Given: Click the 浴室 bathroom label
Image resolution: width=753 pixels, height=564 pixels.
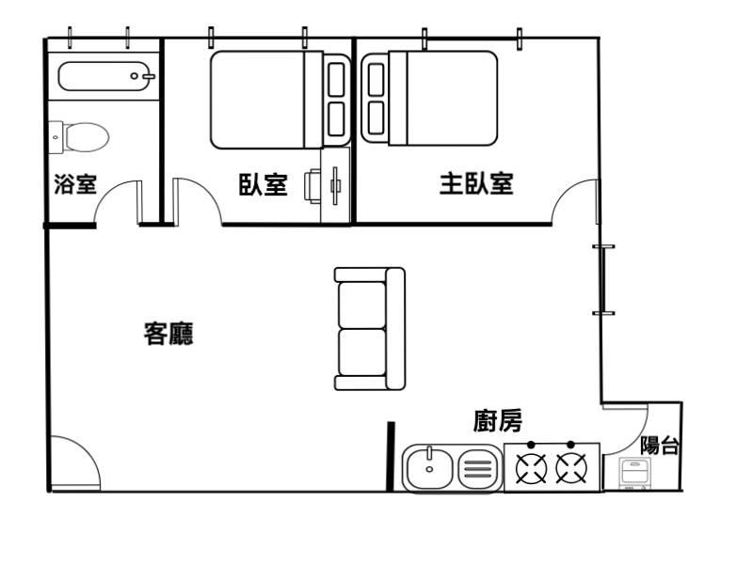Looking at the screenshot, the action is pyautogui.click(x=75, y=184).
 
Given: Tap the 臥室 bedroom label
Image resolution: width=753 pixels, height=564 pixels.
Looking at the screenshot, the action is pyautogui.click(x=264, y=184).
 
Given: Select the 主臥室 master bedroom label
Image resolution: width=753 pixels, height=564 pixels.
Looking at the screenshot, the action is pyautogui.click(x=476, y=183).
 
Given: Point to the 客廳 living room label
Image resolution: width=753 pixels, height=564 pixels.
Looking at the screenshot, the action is pyautogui.click(x=168, y=334).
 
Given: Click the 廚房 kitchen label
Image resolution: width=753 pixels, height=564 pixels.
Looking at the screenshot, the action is pyautogui.click(x=498, y=421).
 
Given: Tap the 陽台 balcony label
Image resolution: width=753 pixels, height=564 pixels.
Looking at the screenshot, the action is pyautogui.click(x=660, y=445).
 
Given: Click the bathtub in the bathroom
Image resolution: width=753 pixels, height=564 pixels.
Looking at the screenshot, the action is pyautogui.click(x=106, y=76).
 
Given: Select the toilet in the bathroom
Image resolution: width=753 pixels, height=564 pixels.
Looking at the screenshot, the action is pyautogui.click(x=79, y=137).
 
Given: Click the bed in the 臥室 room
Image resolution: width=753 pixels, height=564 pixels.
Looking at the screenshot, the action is pyautogui.click(x=280, y=100).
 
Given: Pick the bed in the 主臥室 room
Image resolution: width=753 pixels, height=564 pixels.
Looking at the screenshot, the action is pyautogui.click(x=429, y=99).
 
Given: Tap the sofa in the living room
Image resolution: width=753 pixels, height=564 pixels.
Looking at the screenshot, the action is pyautogui.click(x=370, y=328).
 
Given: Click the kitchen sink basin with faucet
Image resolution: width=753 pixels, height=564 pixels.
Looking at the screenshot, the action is pyautogui.click(x=429, y=468).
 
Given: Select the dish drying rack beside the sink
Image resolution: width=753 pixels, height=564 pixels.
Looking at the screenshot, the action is pyautogui.click(x=478, y=468).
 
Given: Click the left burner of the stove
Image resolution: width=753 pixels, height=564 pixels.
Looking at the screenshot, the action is pyautogui.click(x=531, y=468).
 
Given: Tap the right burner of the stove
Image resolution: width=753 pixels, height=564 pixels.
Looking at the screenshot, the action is pyautogui.click(x=571, y=468).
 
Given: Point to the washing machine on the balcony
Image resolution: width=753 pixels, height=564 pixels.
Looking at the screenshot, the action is pyautogui.click(x=633, y=474).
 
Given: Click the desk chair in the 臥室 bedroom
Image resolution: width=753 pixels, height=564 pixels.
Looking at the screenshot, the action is pyautogui.click(x=312, y=186).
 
